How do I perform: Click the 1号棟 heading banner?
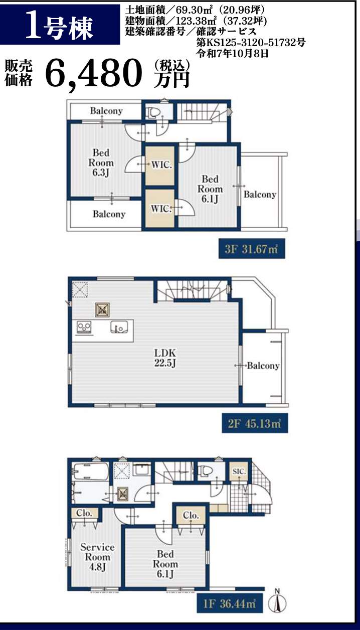pos(60,25)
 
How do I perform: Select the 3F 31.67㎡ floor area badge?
pos(252,249)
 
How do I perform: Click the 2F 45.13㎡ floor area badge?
pos(255,423)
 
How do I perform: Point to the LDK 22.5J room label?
pos(165,358)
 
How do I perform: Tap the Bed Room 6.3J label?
pos(101,163)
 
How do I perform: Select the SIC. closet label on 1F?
pos(239,471)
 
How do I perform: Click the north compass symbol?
pos(277,603)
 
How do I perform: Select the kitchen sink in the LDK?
pos(119,328)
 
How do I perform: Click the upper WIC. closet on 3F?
pos(160,166)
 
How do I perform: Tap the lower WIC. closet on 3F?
pos(160,208)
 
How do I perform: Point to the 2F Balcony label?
pos(263,366)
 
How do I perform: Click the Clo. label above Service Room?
pos(84,513)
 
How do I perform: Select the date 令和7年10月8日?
pos(232,53)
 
